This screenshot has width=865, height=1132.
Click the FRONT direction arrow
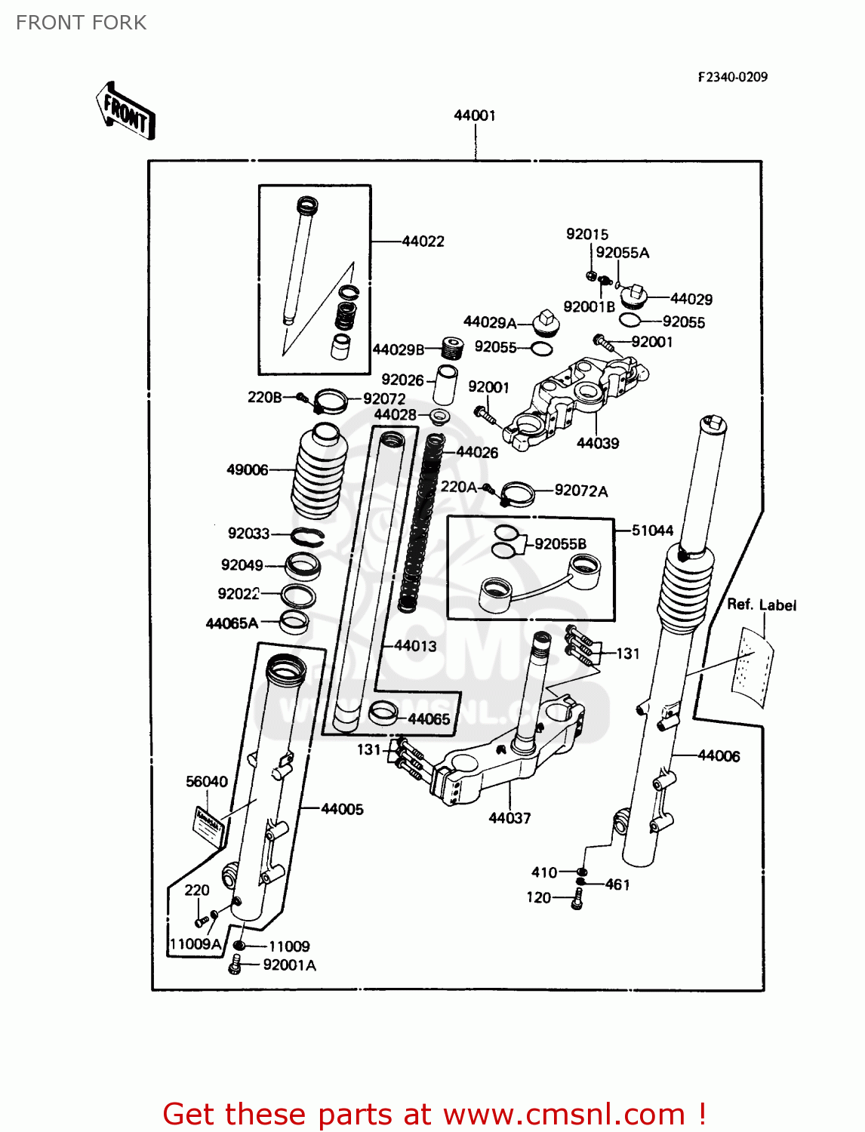coord(126,112)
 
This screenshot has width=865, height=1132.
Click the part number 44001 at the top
coord(474,115)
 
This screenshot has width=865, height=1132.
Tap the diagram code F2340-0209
coord(732,77)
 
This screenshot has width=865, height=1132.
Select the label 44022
coord(423,241)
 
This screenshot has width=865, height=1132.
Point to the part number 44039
coord(597,444)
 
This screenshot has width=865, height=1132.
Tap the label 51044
coord(652,531)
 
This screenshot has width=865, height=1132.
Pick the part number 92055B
coord(560,544)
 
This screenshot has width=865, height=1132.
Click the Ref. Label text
coord(761,605)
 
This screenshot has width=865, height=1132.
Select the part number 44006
coord(719,756)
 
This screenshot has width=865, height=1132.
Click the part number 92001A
coord(289,965)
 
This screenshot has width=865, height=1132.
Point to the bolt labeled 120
coord(577,899)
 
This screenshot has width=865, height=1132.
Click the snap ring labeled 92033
coord(308,537)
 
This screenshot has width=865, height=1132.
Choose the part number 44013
coord(415,646)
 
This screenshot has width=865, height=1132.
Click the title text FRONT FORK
coord(81,23)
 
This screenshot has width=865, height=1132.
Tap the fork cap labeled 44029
coord(634,297)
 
